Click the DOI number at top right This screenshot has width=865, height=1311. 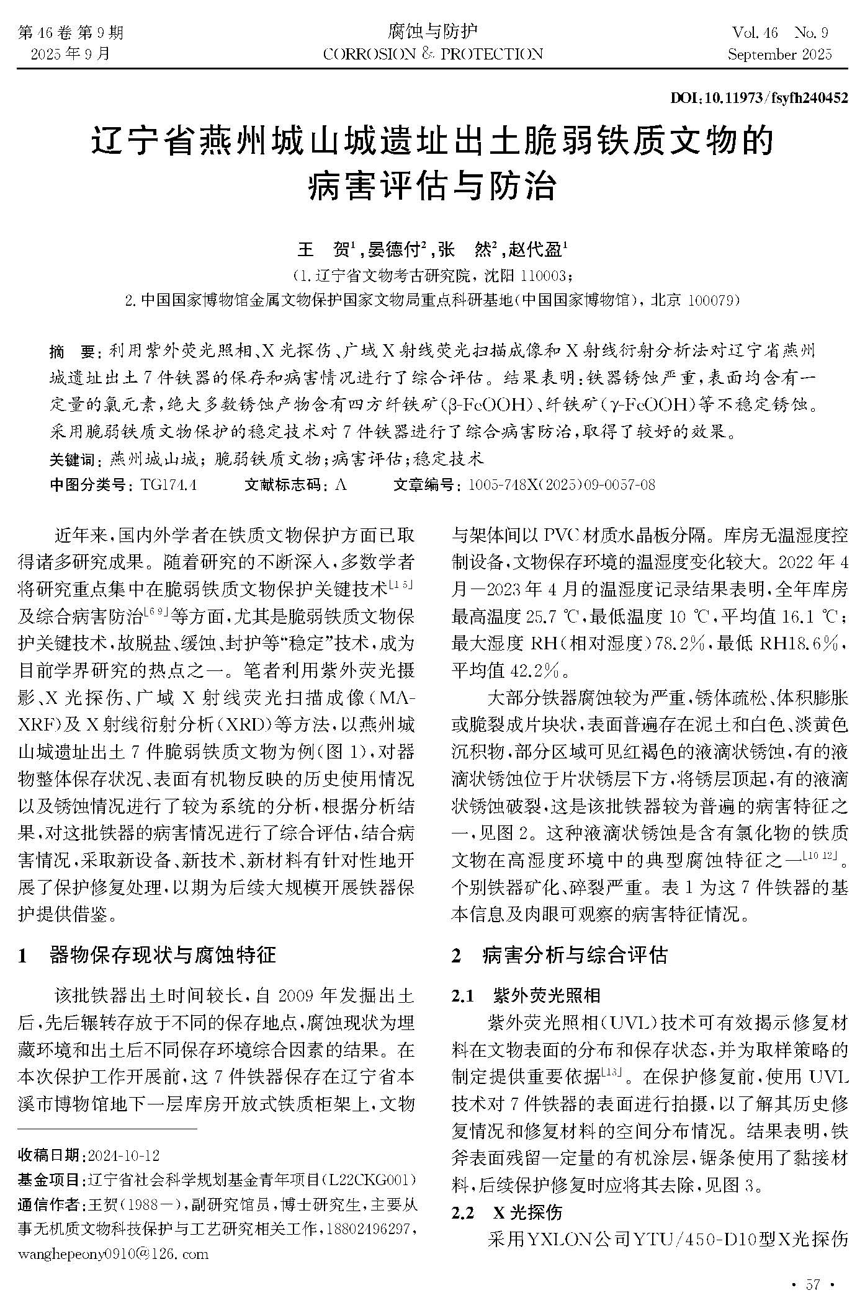[760, 98]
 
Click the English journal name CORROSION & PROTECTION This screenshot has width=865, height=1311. [432, 55]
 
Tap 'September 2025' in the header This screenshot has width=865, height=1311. [779, 55]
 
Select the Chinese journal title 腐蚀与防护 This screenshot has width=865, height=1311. [432, 31]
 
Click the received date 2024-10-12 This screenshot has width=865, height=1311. [124, 1155]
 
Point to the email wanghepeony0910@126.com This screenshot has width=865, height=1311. [114, 1253]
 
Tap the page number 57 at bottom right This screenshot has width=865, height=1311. [813, 1285]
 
